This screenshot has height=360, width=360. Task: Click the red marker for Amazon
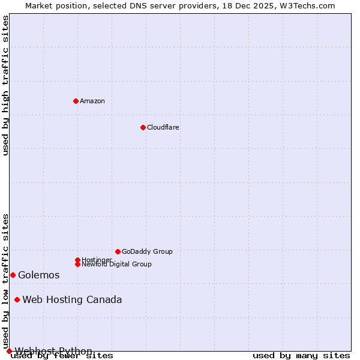coord(76,101)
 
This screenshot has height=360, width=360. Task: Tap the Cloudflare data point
coord(143,127)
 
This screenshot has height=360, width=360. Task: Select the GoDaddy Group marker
coord(118,251)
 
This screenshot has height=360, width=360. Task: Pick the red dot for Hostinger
coord(77,260)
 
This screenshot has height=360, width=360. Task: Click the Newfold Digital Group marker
coord(77,264)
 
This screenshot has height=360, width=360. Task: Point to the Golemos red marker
coord(13,275)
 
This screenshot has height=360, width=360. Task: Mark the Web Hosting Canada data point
coord(17,299)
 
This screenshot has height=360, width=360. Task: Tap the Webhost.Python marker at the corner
coord(9,351)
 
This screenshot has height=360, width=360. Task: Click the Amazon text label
coord(92,101)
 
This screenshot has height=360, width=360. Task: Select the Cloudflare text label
coord(163,127)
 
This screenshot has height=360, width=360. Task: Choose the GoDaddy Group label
coord(147,251)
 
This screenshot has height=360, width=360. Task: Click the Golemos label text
coord(39,275)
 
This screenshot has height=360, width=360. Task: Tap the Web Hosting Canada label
coord(72,299)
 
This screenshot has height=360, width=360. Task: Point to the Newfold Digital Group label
coord(116,264)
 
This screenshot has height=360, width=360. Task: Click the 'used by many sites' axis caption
coord(301,355)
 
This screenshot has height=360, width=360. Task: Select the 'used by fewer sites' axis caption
coord(62,355)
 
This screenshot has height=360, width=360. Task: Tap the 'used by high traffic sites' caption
coord(5,85)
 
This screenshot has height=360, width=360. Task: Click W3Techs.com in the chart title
coord(306,5)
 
